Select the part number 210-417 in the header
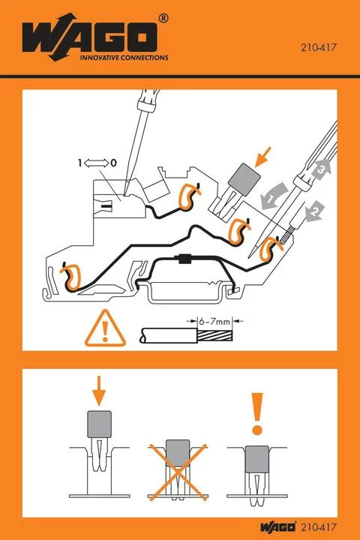pyautogui.click(x=318, y=46)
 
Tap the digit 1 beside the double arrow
pyautogui.click(x=79, y=162)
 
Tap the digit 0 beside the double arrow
pyautogui.click(x=114, y=162)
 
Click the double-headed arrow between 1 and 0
pyautogui.click(x=97, y=162)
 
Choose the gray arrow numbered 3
pyautogui.click(x=321, y=169)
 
